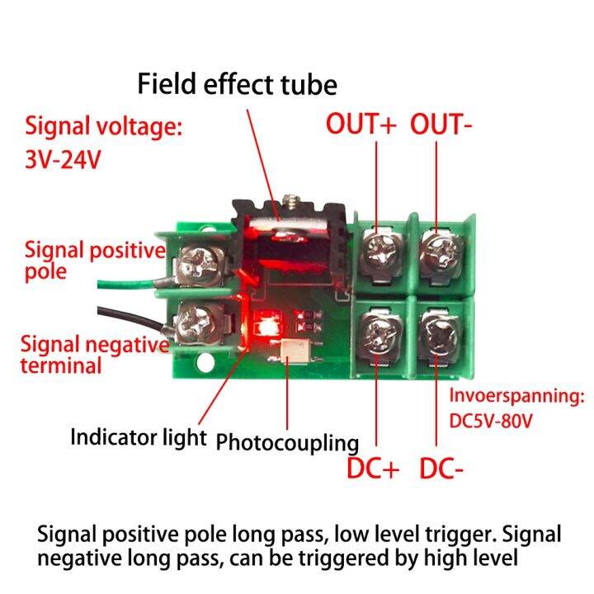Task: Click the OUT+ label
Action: [x=361, y=125]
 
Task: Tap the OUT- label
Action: [x=441, y=125]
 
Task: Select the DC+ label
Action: [x=372, y=468]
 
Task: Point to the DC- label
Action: [x=441, y=468]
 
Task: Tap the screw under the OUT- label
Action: [x=438, y=246]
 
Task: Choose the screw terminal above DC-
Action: [x=438, y=335]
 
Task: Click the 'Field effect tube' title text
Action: [x=237, y=84]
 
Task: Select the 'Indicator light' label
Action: [x=138, y=436]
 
